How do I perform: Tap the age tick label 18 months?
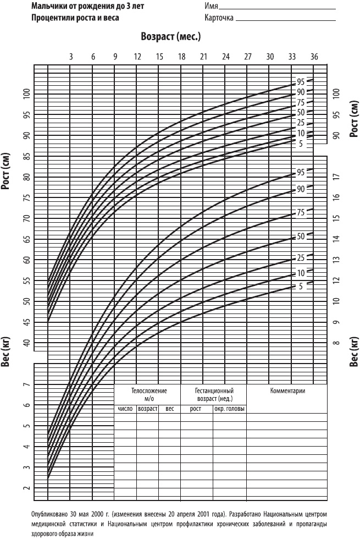point(181,57)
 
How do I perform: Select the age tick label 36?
point(314,57)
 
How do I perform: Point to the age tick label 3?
point(71,57)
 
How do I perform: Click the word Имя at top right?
point(211,7)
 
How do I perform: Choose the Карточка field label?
point(219,18)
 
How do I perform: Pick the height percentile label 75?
point(301,103)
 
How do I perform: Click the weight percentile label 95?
point(301,172)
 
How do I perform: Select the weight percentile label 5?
point(301,286)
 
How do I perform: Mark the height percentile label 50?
point(301,112)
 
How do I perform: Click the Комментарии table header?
point(287,391)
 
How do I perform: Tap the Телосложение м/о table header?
point(148,394)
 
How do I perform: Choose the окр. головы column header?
point(229,409)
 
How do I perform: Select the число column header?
point(125,409)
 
